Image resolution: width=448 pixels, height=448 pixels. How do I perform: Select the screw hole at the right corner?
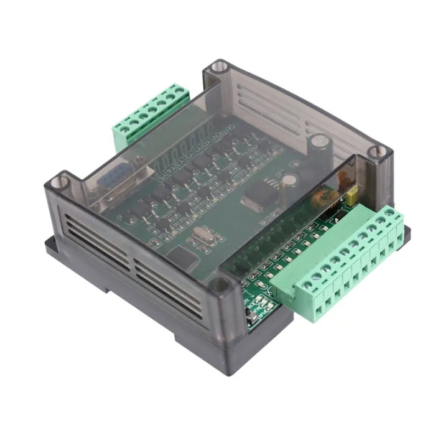click(375, 151)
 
